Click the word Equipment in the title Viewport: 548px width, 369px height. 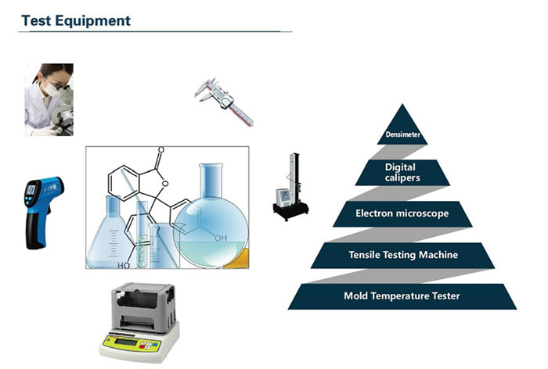coord(92,21)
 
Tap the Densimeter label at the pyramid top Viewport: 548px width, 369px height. coord(402,134)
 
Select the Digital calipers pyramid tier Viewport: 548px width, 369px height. coord(402,173)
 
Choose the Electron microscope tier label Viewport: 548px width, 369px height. coord(402,213)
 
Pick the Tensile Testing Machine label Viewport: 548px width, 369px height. coord(403,255)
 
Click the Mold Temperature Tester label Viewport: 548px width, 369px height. coord(402,296)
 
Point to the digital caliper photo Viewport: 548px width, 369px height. coord(224,102)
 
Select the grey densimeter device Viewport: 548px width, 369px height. coord(139,322)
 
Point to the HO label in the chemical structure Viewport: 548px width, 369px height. coord(124,266)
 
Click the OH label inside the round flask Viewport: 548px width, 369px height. coord(221,238)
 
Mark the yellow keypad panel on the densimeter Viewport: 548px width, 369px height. coord(132,343)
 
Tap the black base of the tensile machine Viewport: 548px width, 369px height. coord(290,210)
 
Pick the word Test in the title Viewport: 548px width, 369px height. coord(36,21)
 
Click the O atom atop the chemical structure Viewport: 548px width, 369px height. coord(160,150)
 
